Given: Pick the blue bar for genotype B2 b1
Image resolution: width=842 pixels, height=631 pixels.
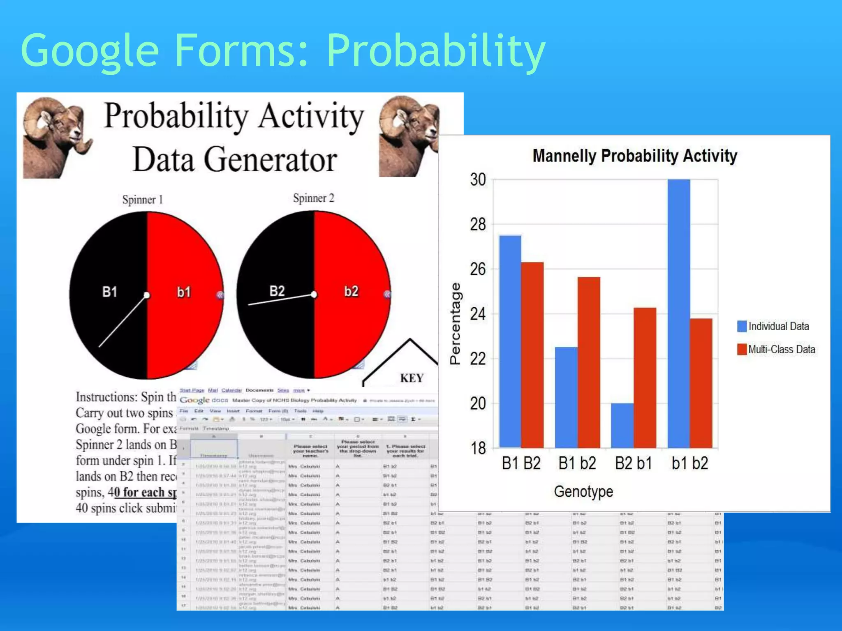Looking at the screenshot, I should (622, 425).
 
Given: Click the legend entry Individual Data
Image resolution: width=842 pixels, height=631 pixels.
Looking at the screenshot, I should (773, 326).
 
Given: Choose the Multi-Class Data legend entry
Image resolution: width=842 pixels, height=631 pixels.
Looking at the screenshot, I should (776, 349).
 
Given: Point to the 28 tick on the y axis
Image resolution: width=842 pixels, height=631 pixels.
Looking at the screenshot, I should (478, 225).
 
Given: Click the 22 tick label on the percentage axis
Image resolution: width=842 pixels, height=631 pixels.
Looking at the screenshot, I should (478, 359).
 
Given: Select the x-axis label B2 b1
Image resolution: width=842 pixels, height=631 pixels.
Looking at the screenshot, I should (634, 463).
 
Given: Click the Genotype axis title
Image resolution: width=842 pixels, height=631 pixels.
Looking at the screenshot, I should (583, 491).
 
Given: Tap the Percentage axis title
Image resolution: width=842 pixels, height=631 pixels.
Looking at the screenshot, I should (455, 324).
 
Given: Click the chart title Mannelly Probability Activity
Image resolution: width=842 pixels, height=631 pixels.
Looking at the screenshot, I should (634, 156).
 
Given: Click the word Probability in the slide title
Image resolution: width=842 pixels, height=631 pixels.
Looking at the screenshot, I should (436, 51).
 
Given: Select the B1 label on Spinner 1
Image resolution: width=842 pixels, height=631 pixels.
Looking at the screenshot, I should (110, 292).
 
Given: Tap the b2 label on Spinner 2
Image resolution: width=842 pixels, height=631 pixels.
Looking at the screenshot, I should (351, 291).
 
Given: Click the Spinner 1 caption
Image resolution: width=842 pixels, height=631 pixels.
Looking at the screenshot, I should (143, 200).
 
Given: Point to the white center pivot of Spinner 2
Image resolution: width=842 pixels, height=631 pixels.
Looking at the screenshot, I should (314, 295).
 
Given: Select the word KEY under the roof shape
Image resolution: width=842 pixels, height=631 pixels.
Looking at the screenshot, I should (412, 378).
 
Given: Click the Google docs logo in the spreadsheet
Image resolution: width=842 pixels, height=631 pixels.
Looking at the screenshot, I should (204, 400).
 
